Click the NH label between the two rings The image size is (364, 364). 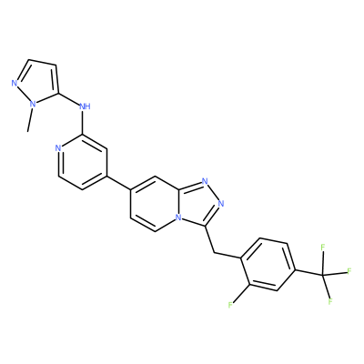pyautogui.click(x=85, y=106)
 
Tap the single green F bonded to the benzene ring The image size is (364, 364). pyautogui.click(x=230, y=305)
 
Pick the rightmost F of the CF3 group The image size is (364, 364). pyautogui.click(x=349, y=271)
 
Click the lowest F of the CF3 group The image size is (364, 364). pyautogui.click(x=330, y=301)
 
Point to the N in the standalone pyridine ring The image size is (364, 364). pyautogui.click(x=58, y=148)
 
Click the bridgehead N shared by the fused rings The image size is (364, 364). pyautogui.click(x=179, y=217)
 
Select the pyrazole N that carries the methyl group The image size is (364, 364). pyautogui.click(x=33, y=105)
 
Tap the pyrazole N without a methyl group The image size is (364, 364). pyautogui.click(x=14, y=83)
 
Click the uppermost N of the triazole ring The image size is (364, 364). pyautogui.click(x=205, y=182)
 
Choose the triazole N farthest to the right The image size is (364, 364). pyautogui.click(x=221, y=204)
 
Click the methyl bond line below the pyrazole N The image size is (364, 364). pyautogui.click(x=30, y=120)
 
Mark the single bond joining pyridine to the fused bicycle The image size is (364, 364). pyautogui.click(x=118, y=183)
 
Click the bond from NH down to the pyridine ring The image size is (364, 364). pyautogui.click(x=82, y=122)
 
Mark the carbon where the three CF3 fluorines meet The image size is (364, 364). pyautogui.click(x=322, y=275)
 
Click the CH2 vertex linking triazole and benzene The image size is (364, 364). pyautogui.click(x=215, y=252)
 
